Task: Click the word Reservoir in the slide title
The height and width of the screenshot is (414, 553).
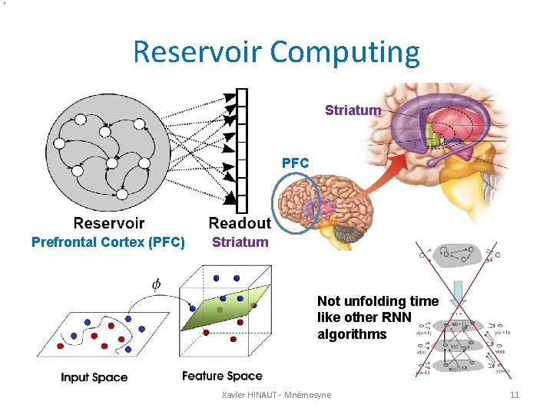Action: pyautogui.click(x=197, y=52)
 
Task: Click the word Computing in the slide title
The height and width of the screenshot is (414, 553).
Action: pyautogui.click(x=346, y=52)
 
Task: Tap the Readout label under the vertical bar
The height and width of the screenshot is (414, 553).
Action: pyautogui.click(x=240, y=223)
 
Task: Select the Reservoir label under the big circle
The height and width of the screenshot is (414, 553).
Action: pyautogui.click(x=108, y=223)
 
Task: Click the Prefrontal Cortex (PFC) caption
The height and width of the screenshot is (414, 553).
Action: pyautogui.click(x=108, y=242)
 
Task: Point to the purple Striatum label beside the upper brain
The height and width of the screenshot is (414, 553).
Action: pyautogui.click(x=353, y=110)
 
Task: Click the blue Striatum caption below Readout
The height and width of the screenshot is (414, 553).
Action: pyautogui.click(x=240, y=242)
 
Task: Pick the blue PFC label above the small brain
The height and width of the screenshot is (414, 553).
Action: pyautogui.click(x=295, y=163)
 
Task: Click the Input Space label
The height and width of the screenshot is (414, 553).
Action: pyautogui.click(x=94, y=377)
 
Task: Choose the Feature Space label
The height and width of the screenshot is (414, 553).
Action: pyautogui.click(x=222, y=376)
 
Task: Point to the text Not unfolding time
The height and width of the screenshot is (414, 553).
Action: pyautogui.click(x=378, y=301)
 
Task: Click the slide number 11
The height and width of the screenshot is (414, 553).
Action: pyautogui.click(x=515, y=395)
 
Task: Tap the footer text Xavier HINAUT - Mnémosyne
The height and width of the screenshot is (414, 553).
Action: pyautogui.click(x=276, y=395)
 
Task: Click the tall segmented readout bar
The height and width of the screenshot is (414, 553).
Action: pyautogui.click(x=242, y=150)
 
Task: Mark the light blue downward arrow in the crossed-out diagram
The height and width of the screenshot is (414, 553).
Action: pyautogui.click(x=458, y=291)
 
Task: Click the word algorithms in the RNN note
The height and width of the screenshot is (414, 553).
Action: pyautogui.click(x=352, y=334)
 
